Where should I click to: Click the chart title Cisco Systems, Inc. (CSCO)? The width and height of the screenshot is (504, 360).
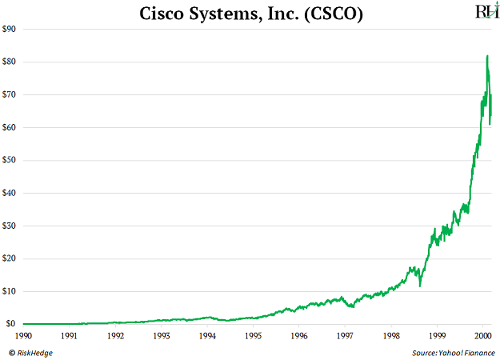click(251, 13)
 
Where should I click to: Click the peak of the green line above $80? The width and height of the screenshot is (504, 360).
click(487, 56)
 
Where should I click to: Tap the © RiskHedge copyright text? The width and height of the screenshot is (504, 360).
click(31, 352)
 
